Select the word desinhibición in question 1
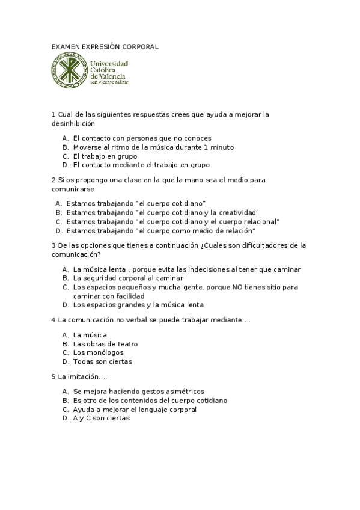tap(73, 123)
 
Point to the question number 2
tap(53, 180)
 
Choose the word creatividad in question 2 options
tap(237, 212)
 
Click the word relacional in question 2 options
tap(259, 221)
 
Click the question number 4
tap(53, 320)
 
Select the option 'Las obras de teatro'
tap(105, 344)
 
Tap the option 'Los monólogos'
tap(98, 352)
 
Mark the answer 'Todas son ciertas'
tap(102, 361)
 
